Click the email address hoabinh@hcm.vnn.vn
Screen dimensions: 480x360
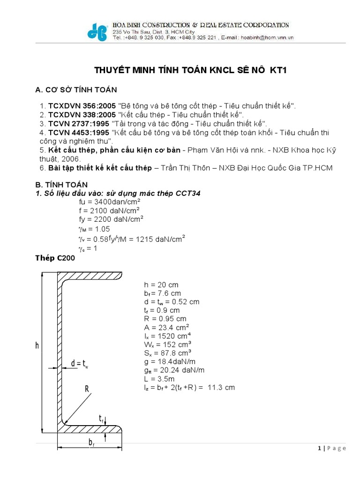pyautogui.click(x=267, y=38)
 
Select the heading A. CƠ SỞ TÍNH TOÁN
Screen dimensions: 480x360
pyautogui.click(x=76, y=90)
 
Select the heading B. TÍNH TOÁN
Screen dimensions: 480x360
pyautogui.click(x=61, y=185)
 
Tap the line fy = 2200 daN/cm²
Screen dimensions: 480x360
pyautogui.click(x=111, y=218)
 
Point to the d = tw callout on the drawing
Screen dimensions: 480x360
pyautogui.click(x=80, y=364)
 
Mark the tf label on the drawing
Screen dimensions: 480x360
pyautogui.click(x=101, y=418)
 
